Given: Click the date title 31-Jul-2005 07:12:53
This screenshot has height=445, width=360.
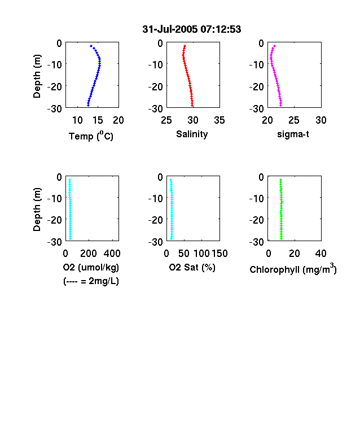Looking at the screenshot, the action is point(192,29).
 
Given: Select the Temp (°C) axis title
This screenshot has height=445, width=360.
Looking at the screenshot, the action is point(91,136).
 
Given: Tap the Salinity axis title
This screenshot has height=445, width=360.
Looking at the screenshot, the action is point(192,134).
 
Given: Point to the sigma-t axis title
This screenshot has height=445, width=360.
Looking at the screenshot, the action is point(293,134).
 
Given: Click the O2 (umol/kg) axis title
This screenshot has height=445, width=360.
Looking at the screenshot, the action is point(91,267).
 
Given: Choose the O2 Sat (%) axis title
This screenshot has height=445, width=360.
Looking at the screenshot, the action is point(192,267).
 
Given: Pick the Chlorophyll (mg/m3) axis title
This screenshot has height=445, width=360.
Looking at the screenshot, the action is point(293,269).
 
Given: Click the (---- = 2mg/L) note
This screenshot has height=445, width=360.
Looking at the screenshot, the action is point(91,281).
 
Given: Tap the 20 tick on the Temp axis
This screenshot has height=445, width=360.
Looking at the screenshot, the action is point(118,120).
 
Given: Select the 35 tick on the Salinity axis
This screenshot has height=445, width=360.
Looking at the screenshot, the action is point(219,120).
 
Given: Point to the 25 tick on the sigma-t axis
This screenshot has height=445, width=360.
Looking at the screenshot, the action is point(293,120).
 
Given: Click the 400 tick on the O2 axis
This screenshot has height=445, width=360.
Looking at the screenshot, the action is point(112,254).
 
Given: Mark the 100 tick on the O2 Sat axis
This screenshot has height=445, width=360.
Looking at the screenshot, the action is point(201,254).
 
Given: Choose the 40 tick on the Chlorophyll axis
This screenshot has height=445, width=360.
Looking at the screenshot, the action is point(321,254).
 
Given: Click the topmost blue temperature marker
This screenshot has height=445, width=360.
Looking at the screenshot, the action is point(91,46).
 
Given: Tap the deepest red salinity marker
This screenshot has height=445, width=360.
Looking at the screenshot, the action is point(192,106).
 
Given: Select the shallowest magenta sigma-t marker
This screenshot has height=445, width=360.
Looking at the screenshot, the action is point(274,46).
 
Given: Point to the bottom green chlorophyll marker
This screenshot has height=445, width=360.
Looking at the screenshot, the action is point(281,239).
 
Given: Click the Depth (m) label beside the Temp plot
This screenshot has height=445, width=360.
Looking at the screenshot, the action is point(37,76).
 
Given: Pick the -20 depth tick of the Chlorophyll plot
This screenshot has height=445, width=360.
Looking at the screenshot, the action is point(257,220).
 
